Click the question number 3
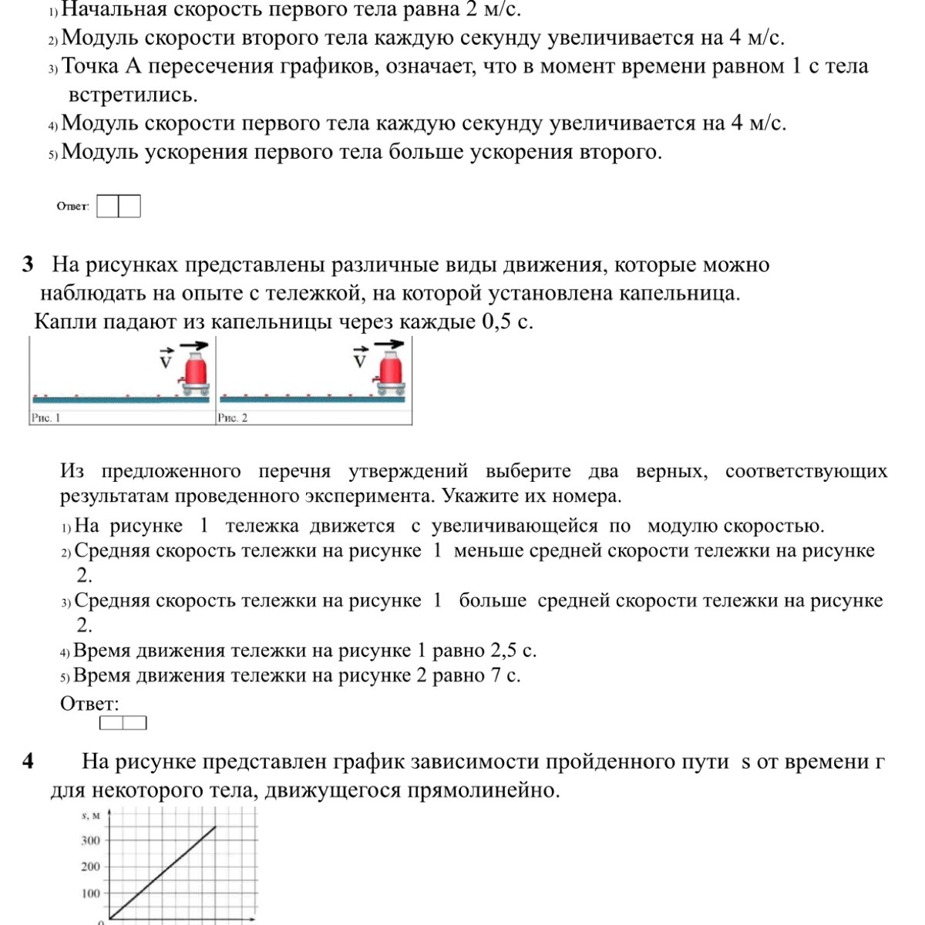(29, 264)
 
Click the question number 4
(29, 762)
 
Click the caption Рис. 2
(233, 418)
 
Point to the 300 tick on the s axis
(91, 840)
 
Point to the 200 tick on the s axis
(91, 866)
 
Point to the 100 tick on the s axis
(91, 893)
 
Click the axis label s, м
(90, 815)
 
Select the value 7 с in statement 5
(505, 676)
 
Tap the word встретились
(133, 95)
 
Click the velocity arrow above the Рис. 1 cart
(194, 346)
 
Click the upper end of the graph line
(215, 827)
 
